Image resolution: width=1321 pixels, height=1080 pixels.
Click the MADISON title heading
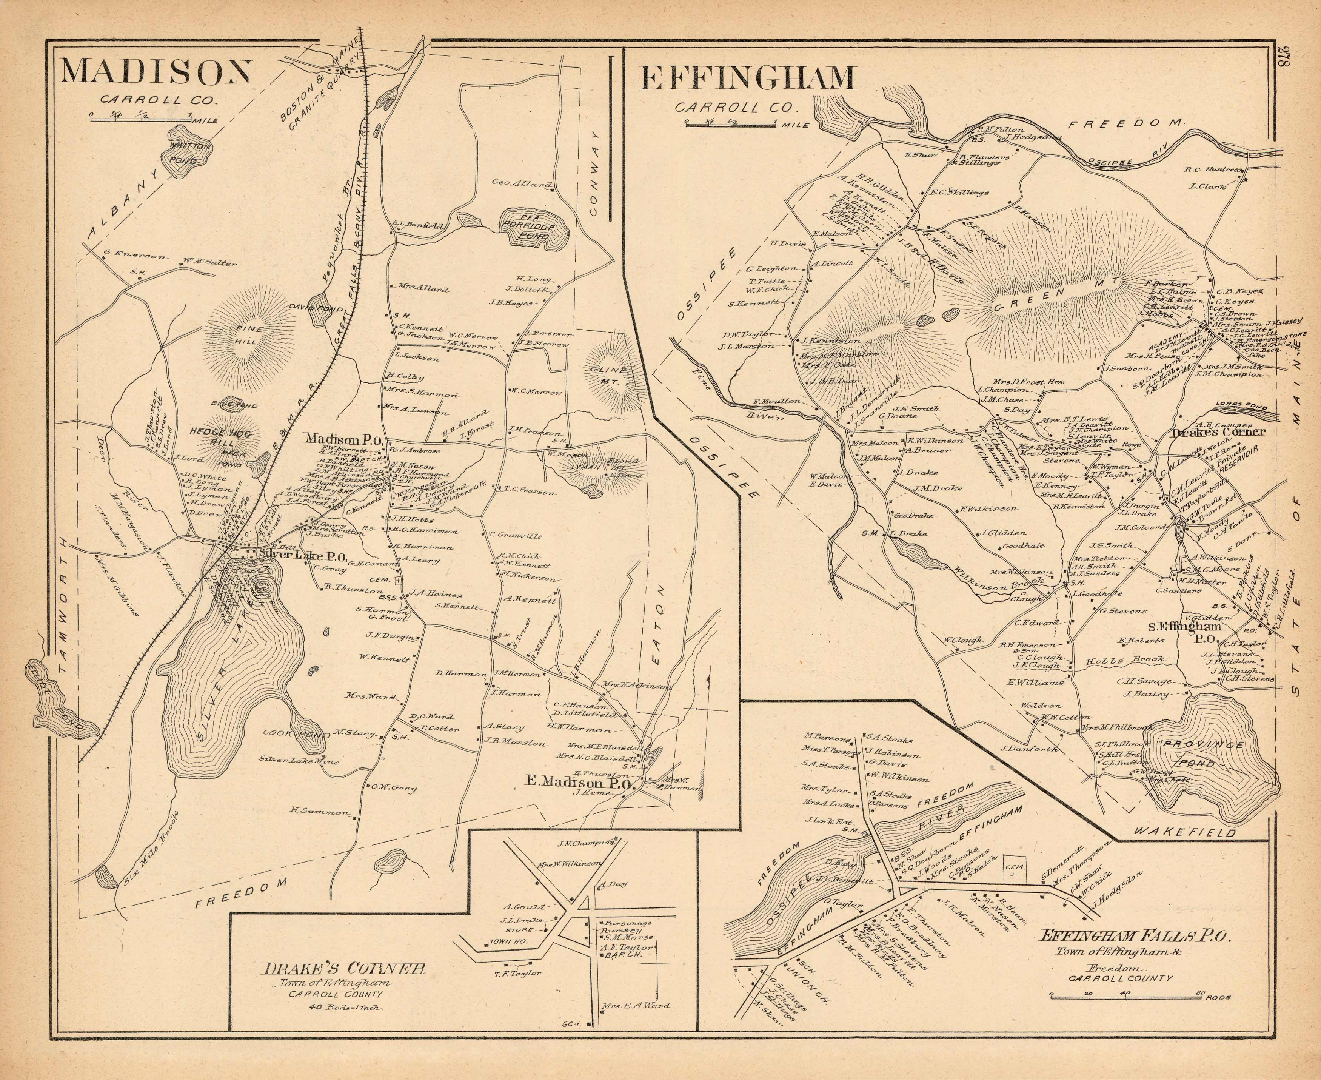156,72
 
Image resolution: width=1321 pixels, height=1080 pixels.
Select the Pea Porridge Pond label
535,228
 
